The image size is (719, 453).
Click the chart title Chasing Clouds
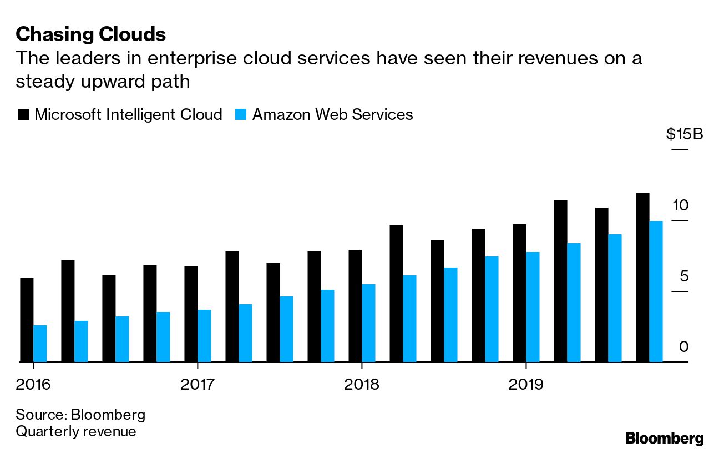[x=91, y=34]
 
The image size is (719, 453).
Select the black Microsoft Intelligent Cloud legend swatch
[x=23, y=115]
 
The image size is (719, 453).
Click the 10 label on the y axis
[x=680, y=205]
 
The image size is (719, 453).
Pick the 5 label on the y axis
[x=683, y=276]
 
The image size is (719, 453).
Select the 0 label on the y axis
[x=683, y=347]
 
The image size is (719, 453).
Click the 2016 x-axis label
[x=33, y=384]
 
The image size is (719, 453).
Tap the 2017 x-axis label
[x=197, y=384]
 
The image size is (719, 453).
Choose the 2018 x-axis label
[x=361, y=384]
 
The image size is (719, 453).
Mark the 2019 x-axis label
[x=525, y=384]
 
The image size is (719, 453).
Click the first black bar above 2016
[x=27, y=320]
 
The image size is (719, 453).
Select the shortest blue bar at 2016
[x=40, y=344]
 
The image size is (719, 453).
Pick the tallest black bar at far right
[x=642, y=278]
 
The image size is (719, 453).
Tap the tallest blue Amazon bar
[x=656, y=291]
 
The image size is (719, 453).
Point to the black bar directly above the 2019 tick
[x=519, y=293]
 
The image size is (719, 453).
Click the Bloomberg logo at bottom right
[x=664, y=438]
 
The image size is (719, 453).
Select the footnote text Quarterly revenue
[x=76, y=431]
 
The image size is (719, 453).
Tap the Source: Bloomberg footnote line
[x=80, y=415]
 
